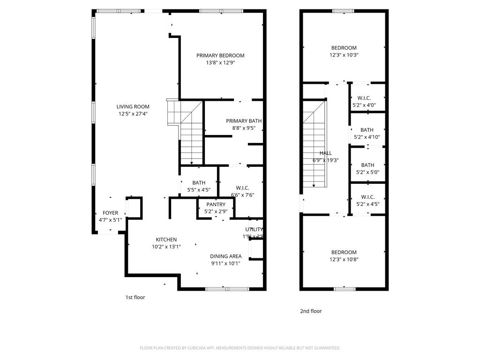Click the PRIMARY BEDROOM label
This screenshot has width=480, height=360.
pyautogui.click(x=220, y=55)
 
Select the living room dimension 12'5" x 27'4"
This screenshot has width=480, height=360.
pyautogui.click(x=133, y=114)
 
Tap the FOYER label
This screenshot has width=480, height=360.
pyautogui.click(x=110, y=213)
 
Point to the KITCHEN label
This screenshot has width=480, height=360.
pyautogui.click(x=166, y=240)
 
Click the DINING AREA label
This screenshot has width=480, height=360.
pyautogui.click(x=225, y=256)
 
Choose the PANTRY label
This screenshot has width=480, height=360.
pyautogui.click(x=216, y=204)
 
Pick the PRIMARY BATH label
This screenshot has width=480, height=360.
pyautogui.click(x=243, y=121)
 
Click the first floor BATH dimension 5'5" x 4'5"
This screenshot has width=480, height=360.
pyautogui.click(x=199, y=190)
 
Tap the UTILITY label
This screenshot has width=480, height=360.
pyautogui.click(x=254, y=229)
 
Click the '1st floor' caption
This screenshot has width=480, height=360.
pyautogui.click(x=135, y=297)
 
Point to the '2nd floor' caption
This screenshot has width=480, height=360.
pyautogui.click(x=311, y=311)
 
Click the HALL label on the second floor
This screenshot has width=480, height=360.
pyautogui.click(x=325, y=153)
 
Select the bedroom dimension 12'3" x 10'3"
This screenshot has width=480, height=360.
pyautogui.click(x=344, y=55)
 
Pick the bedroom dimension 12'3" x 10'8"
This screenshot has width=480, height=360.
pyautogui.click(x=344, y=259)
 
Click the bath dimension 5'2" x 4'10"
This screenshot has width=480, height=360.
pyautogui.click(x=367, y=137)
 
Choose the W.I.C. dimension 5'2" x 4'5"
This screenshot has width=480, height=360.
pyautogui.click(x=367, y=204)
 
